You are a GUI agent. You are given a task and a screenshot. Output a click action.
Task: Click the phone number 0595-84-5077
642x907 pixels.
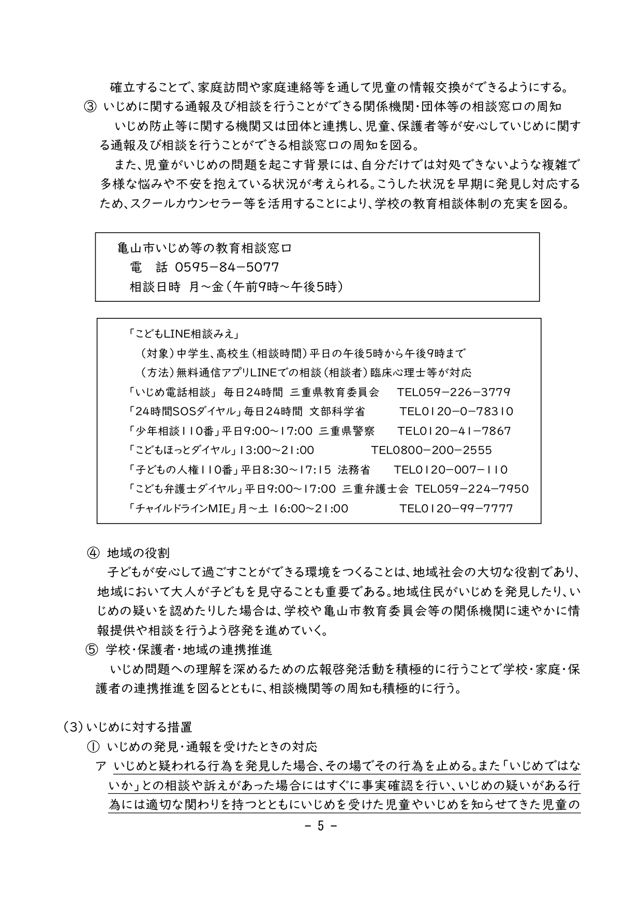[227, 267]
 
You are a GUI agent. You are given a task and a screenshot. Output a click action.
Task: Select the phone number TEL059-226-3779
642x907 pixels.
[454, 392]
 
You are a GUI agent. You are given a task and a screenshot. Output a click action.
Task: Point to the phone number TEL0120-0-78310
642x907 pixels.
[456, 411]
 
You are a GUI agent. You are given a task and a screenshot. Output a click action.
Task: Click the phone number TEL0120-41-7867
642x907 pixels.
[454, 431]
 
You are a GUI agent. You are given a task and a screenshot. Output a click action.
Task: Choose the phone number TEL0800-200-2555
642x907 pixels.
[431, 450]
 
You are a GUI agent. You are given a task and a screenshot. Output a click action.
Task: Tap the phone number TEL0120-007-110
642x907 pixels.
[451, 470]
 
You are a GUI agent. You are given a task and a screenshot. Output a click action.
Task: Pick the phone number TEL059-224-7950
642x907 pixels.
[472, 489]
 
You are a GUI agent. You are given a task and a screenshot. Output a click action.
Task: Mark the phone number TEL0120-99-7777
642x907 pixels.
[456, 509]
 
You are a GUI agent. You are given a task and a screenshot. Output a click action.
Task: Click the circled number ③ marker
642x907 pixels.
[89, 107]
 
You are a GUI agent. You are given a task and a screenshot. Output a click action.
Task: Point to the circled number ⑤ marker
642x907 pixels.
[92, 649]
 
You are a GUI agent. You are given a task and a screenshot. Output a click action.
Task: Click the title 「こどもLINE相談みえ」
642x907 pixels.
[183, 334]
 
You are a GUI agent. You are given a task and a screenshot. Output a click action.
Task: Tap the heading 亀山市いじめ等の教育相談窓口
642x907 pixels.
[205, 249]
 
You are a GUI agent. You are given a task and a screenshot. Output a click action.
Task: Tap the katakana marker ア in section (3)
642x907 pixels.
[100, 766]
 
